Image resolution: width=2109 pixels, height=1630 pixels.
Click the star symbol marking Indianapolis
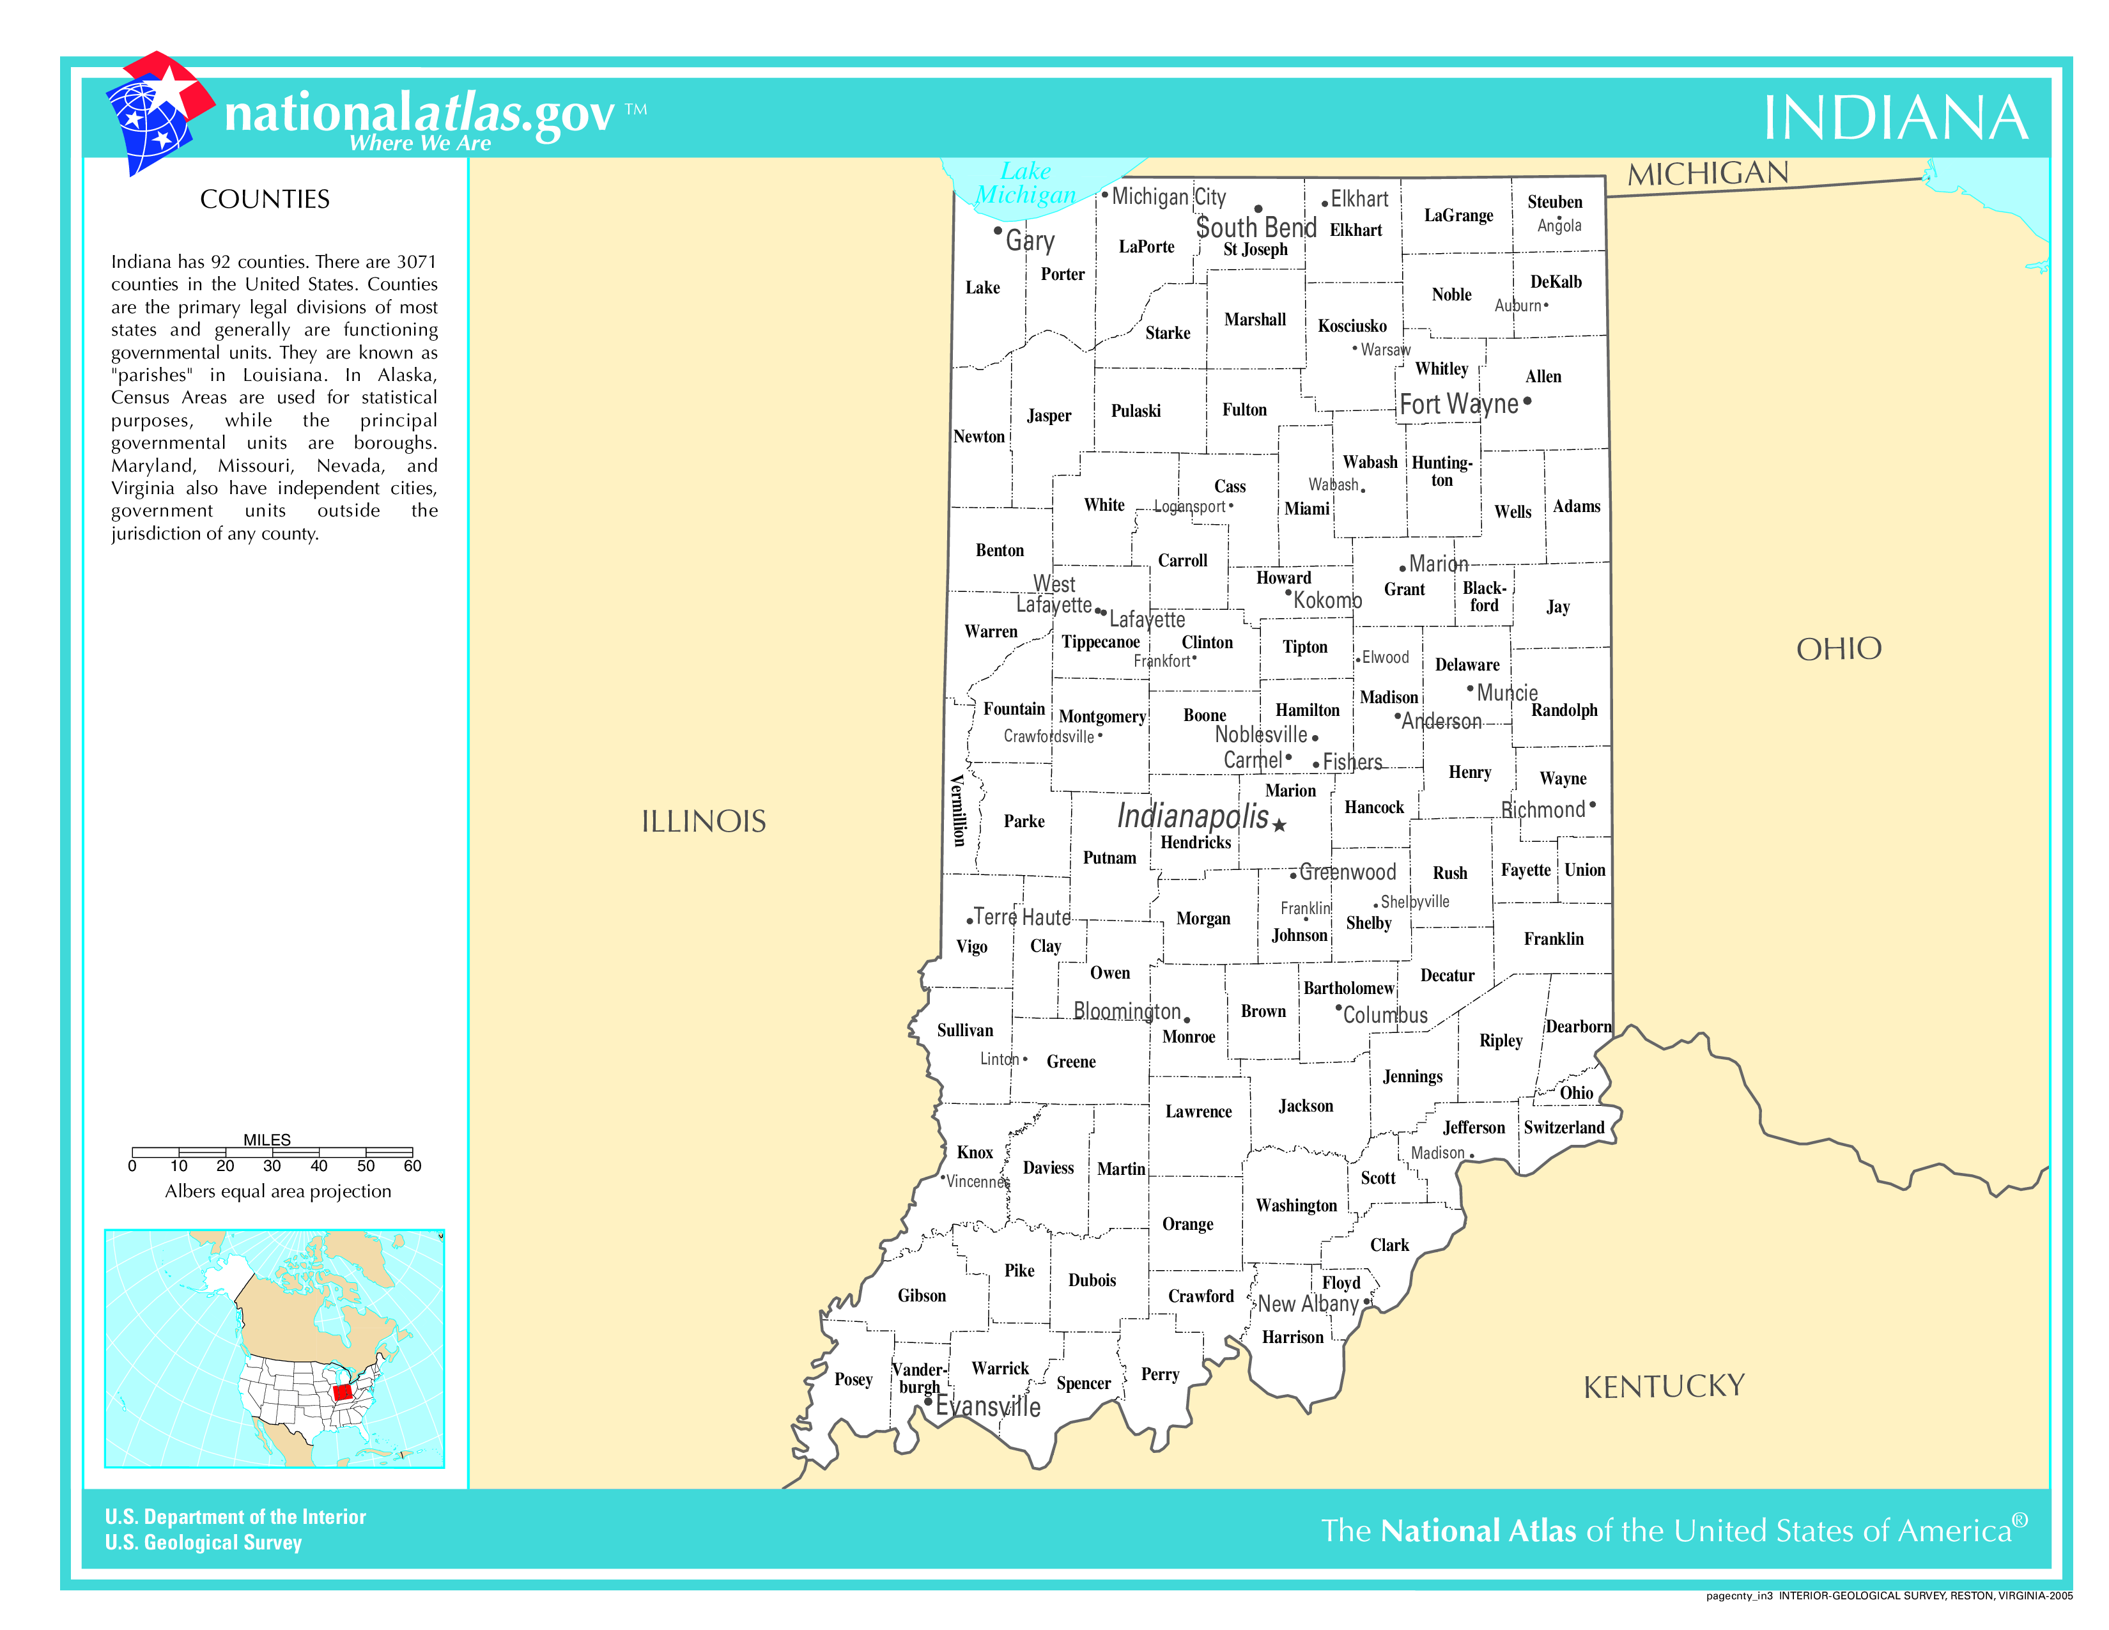[x=1279, y=825]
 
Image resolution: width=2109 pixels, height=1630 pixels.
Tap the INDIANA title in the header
[x=1895, y=119]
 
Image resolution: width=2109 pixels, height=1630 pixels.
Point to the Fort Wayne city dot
[x=1527, y=401]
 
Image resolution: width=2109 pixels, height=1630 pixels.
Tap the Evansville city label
[x=987, y=1406]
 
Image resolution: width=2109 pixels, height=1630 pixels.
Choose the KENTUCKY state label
[x=1663, y=1386]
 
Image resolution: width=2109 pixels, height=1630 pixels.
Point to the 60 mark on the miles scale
[x=412, y=1165]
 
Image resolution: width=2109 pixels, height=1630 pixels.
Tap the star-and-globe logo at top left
[x=157, y=112]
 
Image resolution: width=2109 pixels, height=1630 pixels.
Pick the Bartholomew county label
[x=1348, y=988]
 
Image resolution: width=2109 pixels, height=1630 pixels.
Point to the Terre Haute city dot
[x=970, y=921]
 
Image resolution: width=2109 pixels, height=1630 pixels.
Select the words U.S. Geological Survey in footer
[x=204, y=1542]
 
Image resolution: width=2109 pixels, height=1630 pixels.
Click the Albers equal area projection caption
[x=278, y=1191]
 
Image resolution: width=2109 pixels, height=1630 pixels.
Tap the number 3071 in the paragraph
[x=416, y=261]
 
